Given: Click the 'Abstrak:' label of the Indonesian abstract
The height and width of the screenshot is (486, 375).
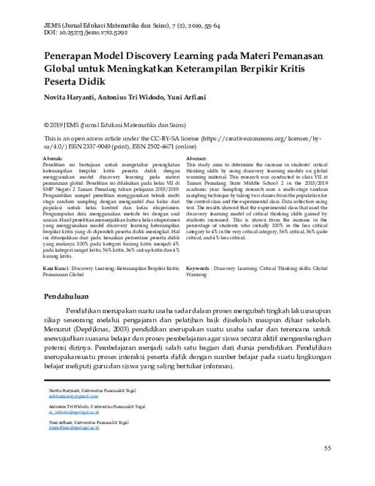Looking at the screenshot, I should [52, 159].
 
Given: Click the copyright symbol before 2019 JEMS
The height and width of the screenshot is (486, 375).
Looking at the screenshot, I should [46, 125].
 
